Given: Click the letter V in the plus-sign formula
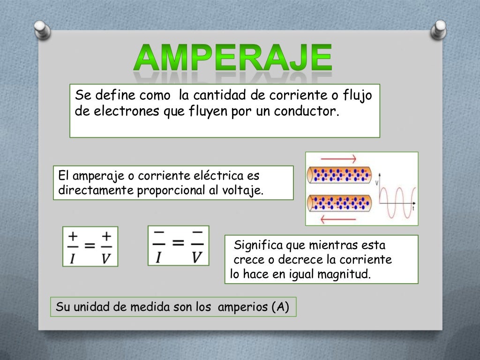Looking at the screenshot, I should [106, 258].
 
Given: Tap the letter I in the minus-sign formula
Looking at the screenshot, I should [159, 257].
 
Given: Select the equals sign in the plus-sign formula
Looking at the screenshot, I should [90, 246].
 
